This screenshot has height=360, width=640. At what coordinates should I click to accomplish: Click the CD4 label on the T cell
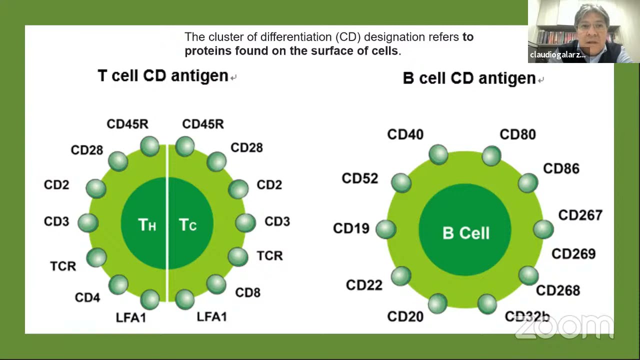87,297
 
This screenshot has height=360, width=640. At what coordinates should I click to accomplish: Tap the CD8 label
247,292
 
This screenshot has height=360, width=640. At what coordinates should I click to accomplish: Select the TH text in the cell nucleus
147,225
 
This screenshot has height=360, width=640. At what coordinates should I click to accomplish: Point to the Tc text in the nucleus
187,225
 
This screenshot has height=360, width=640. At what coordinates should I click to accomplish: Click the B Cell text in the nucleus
465,233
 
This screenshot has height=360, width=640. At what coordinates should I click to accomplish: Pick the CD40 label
405,134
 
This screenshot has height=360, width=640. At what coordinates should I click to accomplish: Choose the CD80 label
517,134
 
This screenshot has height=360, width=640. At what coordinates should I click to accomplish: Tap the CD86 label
561,169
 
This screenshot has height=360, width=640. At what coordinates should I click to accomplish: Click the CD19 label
351,228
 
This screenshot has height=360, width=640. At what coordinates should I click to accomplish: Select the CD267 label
580,215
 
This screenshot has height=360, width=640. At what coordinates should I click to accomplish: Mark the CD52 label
359,178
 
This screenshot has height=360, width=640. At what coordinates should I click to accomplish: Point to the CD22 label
364,285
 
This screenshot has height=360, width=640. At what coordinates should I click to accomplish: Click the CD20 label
405,316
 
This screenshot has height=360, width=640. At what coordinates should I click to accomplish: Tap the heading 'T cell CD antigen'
163,75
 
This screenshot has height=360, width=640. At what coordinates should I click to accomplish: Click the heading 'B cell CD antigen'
469,78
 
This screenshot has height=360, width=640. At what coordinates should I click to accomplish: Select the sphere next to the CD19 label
385,229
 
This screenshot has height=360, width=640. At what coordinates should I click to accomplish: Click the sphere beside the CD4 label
118,284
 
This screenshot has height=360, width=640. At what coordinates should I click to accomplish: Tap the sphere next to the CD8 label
216,283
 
